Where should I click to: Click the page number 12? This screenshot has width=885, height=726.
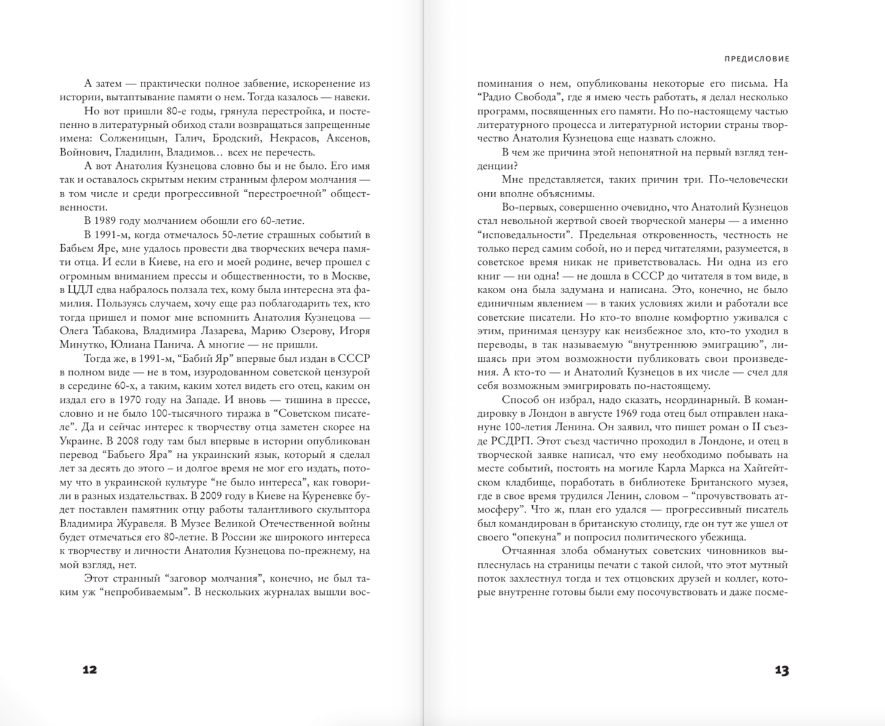click(x=89, y=669)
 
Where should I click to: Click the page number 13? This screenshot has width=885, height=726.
click(x=781, y=670)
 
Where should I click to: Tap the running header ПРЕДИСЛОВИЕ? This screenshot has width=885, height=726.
click(x=757, y=59)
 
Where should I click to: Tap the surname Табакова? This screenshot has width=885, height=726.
click(x=111, y=331)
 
